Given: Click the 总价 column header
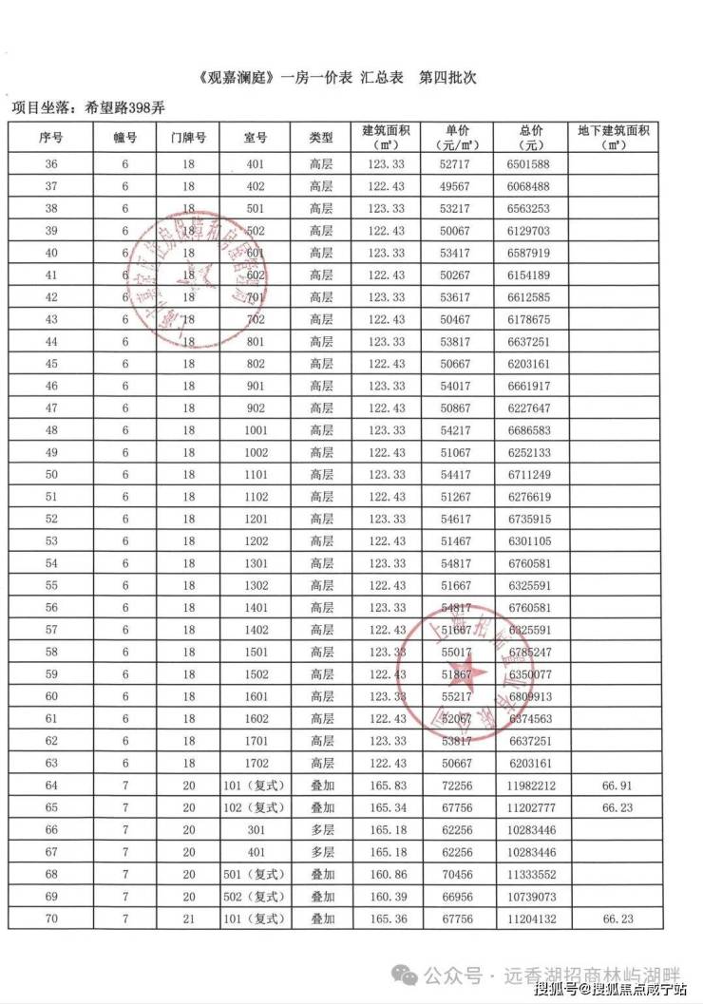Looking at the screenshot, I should pos(532,138).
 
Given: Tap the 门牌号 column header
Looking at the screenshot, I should pos(189,138).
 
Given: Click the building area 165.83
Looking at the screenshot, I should pos(388,785).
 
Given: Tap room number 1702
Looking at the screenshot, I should pos(256,763).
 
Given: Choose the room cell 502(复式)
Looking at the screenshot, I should pos(256,897).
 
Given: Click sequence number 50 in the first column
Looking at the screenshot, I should pos(51,474).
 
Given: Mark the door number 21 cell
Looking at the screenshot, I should pos(189,919).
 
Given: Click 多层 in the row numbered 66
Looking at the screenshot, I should pos(322,829).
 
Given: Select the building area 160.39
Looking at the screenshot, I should pos(388,897).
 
